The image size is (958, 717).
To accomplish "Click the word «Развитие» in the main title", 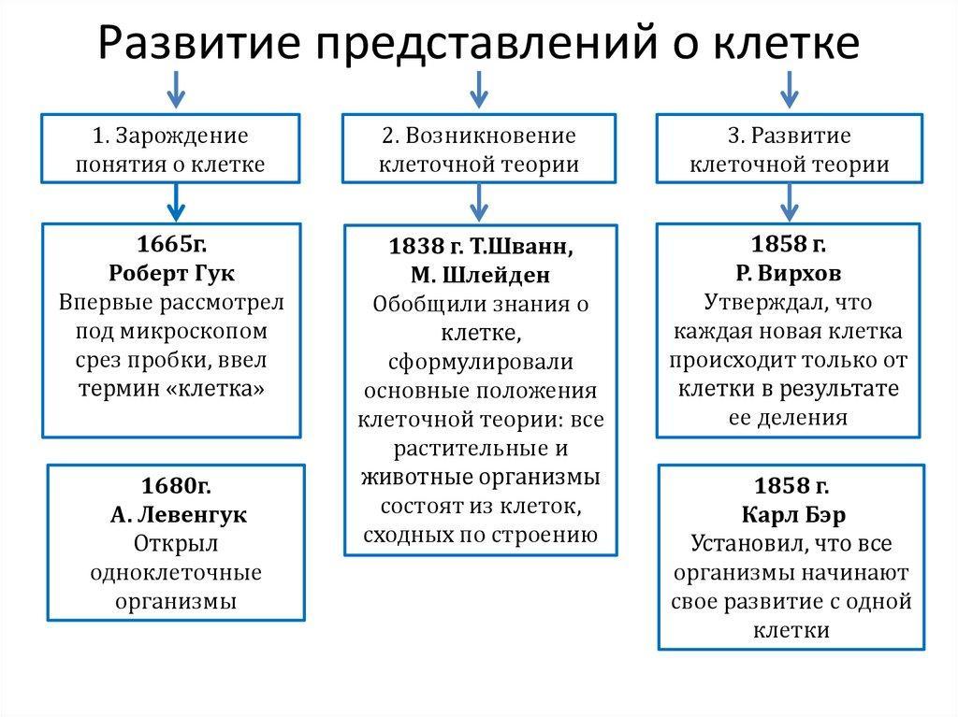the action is (x=199, y=43).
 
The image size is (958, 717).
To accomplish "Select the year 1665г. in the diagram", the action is (x=172, y=244).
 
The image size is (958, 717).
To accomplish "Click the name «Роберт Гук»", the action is (x=172, y=273).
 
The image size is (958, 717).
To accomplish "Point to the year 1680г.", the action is (x=176, y=485).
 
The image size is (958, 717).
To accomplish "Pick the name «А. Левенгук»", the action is (x=179, y=515).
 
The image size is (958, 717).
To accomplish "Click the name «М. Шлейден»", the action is (x=480, y=276).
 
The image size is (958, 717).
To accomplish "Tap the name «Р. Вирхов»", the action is (x=788, y=273).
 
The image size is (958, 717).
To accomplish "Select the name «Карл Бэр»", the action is (x=793, y=515).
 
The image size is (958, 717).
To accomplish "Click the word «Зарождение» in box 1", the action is (x=182, y=136).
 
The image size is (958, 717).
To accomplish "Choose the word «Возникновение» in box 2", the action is (x=490, y=136).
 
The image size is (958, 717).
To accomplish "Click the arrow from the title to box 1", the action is (x=176, y=90).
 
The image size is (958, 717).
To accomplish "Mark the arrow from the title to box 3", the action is (x=790, y=90).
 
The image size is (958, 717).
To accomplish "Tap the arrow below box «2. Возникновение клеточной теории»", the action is (x=479, y=203).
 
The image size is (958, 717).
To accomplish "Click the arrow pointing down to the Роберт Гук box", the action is (x=176, y=203).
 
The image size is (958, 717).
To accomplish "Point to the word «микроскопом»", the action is (x=194, y=332).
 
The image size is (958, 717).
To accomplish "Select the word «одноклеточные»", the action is (x=176, y=573).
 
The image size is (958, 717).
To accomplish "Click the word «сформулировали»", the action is (x=481, y=362).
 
